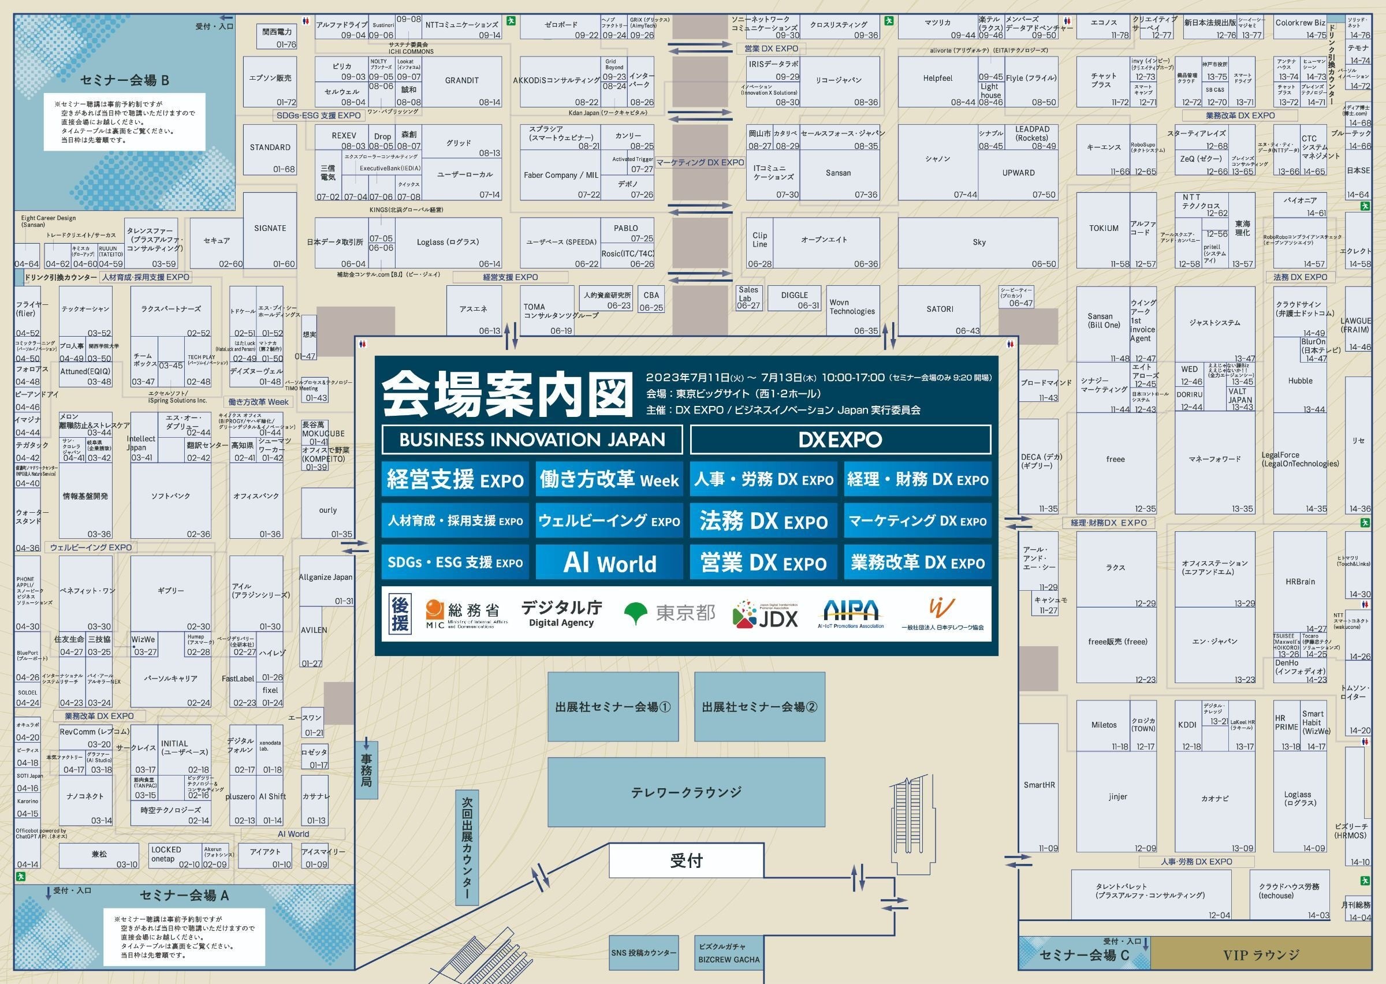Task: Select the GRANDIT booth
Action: pyautogui.click(x=461, y=81)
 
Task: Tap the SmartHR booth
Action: pyautogui.click(x=1038, y=785)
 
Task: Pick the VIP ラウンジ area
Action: pyautogui.click(x=1261, y=956)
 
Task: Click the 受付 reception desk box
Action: pyautogui.click(x=685, y=861)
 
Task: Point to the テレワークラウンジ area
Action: pyautogui.click(x=685, y=792)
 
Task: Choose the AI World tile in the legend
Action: pyautogui.click(x=609, y=563)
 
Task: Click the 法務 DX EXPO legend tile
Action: pyautogui.click(x=763, y=521)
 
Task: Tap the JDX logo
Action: pyautogui.click(x=766, y=615)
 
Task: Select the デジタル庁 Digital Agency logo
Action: pyautogui.click(x=561, y=613)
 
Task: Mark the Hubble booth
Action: pyautogui.click(x=1300, y=381)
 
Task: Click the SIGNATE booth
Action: pyautogui.click(x=270, y=229)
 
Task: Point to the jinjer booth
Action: pyautogui.click(x=1117, y=797)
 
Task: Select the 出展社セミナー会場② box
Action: pyautogui.click(x=759, y=707)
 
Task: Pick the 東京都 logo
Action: pyautogui.click(x=669, y=613)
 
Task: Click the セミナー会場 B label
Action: pyautogui.click(x=125, y=81)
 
